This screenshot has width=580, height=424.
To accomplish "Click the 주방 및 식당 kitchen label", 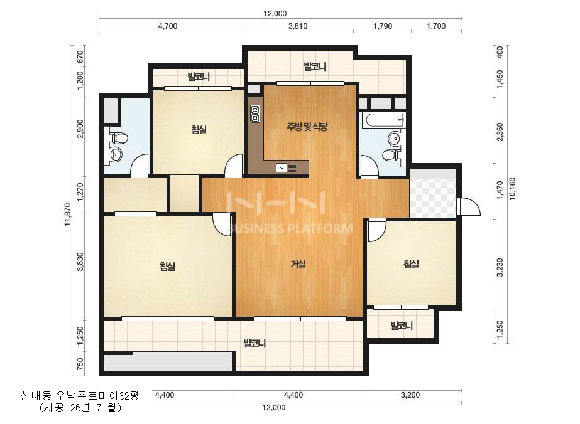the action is (x=307, y=127).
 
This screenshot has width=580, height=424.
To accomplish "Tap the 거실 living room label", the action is (x=298, y=264).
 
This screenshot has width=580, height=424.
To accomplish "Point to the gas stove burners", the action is (x=255, y=114).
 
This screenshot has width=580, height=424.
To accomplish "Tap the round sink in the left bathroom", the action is (x=116, y=154).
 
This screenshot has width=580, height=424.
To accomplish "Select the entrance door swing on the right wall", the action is (x=469, y=206).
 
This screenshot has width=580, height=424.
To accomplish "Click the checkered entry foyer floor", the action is (x=433, y=198).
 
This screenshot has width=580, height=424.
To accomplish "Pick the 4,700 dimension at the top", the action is (x=168, y=26).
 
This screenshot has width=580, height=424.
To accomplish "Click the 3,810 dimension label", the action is (x=298, y=26).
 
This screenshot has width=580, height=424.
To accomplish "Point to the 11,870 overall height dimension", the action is (x=68, y=215).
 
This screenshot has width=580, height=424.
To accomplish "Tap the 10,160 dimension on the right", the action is (x=512, y=189).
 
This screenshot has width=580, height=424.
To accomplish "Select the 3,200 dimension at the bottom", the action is (x=410, y=395).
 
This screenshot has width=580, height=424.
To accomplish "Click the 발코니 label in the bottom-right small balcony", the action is (x=402, y=326).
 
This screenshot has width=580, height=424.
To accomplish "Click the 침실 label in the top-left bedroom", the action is (x=199, y=130).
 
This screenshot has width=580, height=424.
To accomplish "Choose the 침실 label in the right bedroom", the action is (x=411, y=264).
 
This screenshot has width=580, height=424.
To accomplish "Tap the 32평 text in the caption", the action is (x=130, y=396).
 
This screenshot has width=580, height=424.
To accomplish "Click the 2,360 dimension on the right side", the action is (x=500, y=132).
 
